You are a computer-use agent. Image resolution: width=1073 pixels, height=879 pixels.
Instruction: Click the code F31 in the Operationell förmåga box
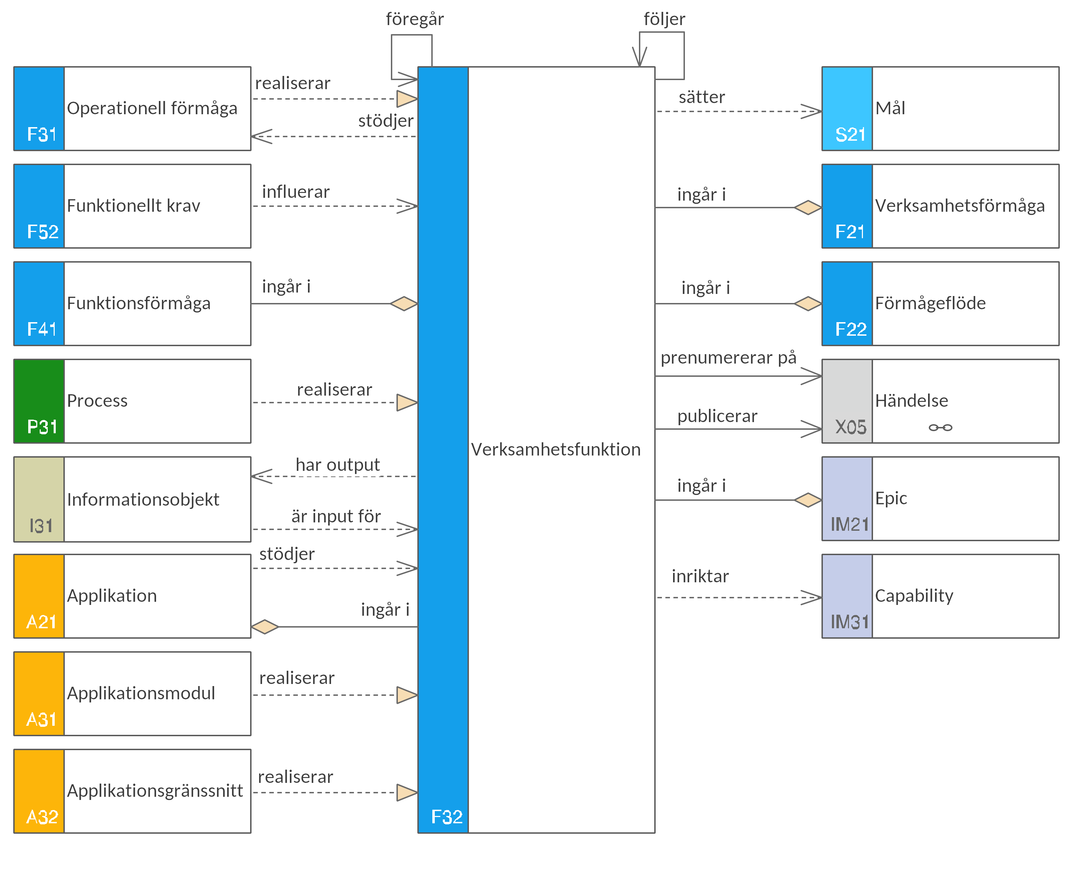41,134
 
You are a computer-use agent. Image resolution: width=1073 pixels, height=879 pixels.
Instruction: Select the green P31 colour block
39,401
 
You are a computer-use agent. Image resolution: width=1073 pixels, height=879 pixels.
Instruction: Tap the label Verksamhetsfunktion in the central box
556,449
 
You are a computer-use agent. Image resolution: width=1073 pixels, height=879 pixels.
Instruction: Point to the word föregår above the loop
415,19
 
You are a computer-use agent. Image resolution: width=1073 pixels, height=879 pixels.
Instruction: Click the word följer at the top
664,19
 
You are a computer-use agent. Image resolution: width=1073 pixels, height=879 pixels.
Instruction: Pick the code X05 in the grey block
851,427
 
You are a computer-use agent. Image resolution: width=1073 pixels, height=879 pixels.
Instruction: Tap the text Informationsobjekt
143,500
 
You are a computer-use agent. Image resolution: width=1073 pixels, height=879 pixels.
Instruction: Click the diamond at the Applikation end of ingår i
265,627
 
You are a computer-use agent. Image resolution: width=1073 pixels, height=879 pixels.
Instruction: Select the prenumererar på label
728,357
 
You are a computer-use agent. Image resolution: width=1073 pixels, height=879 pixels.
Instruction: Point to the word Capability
914,596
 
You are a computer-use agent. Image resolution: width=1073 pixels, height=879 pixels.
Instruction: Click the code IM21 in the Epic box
850,524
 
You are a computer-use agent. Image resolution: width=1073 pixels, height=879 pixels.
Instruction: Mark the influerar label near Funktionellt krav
296,192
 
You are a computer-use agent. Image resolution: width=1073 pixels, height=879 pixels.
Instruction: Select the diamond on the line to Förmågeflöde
808,304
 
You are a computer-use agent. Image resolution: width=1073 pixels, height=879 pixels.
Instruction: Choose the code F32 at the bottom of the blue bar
447,817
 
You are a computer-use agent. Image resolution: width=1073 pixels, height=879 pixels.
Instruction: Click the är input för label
336,516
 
